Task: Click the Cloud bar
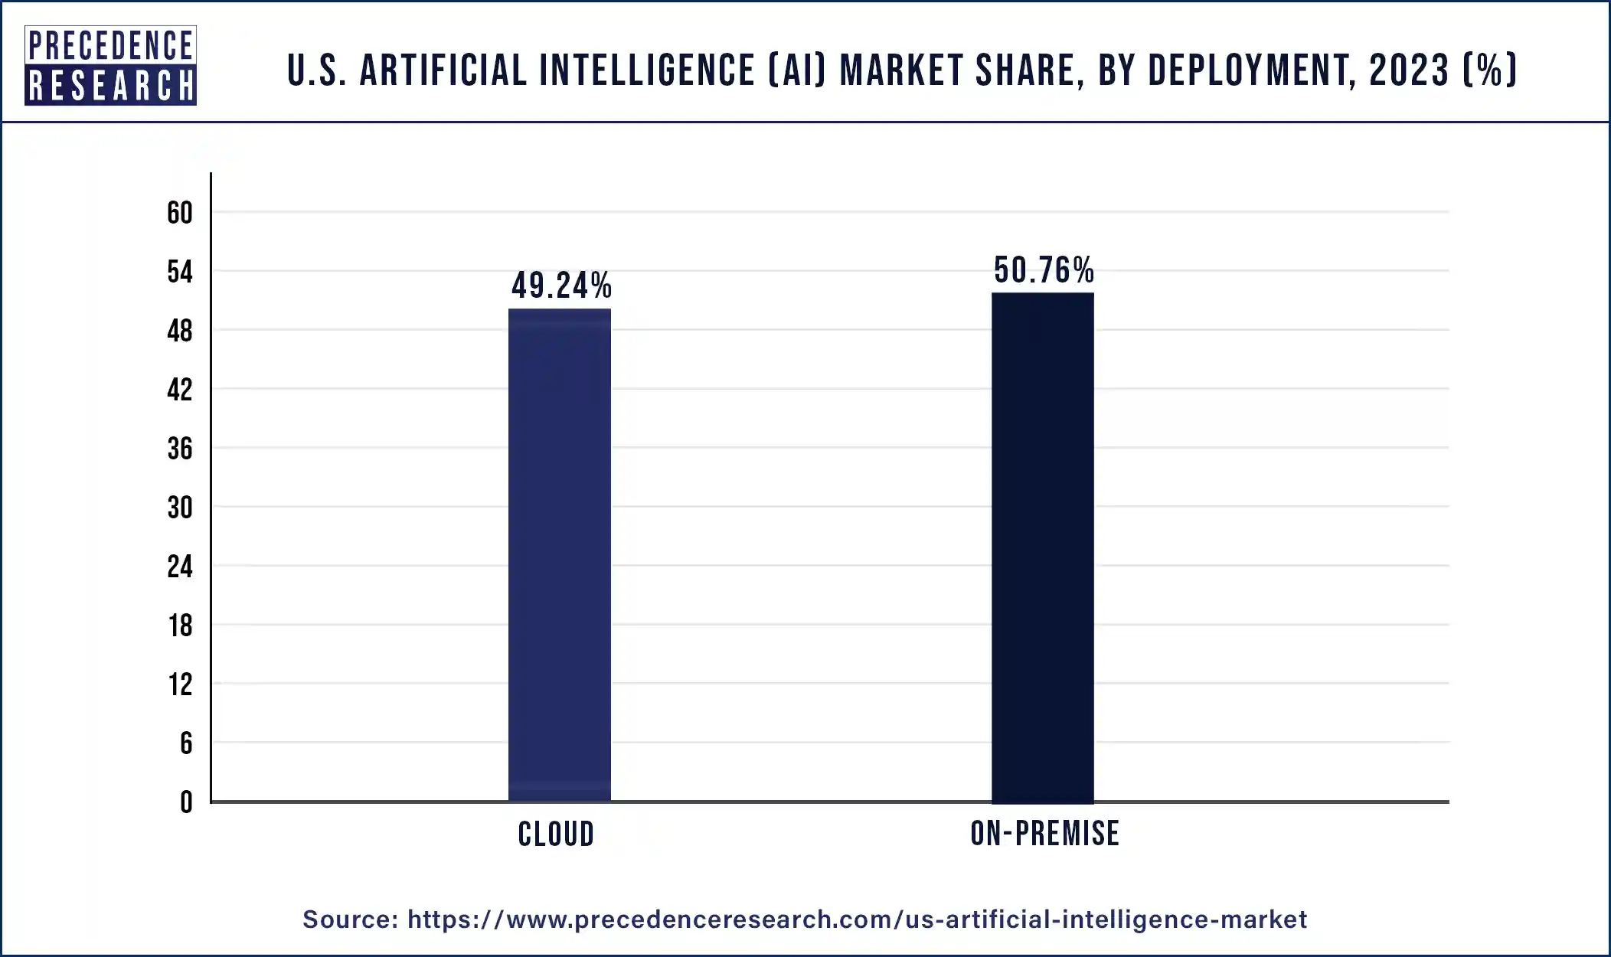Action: coord(560,555)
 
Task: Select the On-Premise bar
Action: coord(1042,547)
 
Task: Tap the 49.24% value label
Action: coord(561,286)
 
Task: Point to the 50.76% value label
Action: coord(1044,270)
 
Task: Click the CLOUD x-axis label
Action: coord(556,834)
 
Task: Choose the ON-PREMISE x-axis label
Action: coord(1044,833)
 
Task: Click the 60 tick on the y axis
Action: coord(180,213)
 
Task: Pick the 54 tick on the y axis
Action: coord(180,272)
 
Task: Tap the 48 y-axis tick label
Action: coord(180,331)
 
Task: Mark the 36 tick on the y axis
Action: coord(180,449)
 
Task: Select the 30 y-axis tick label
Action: coord(180,508)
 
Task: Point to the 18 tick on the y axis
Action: coord(180,625)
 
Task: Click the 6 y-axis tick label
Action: coord(186,743)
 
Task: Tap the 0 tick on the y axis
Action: coord(186,802)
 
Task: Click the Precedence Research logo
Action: coord(110,65)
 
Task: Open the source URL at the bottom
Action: coord(857,919)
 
